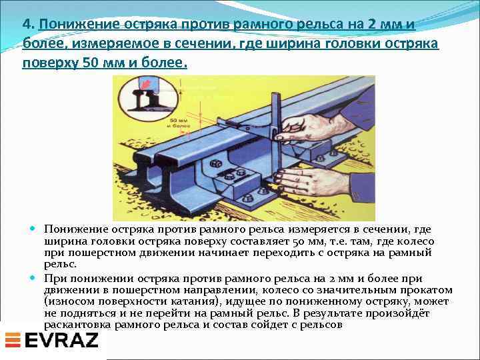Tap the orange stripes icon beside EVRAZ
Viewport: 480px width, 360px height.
[13, 341]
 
